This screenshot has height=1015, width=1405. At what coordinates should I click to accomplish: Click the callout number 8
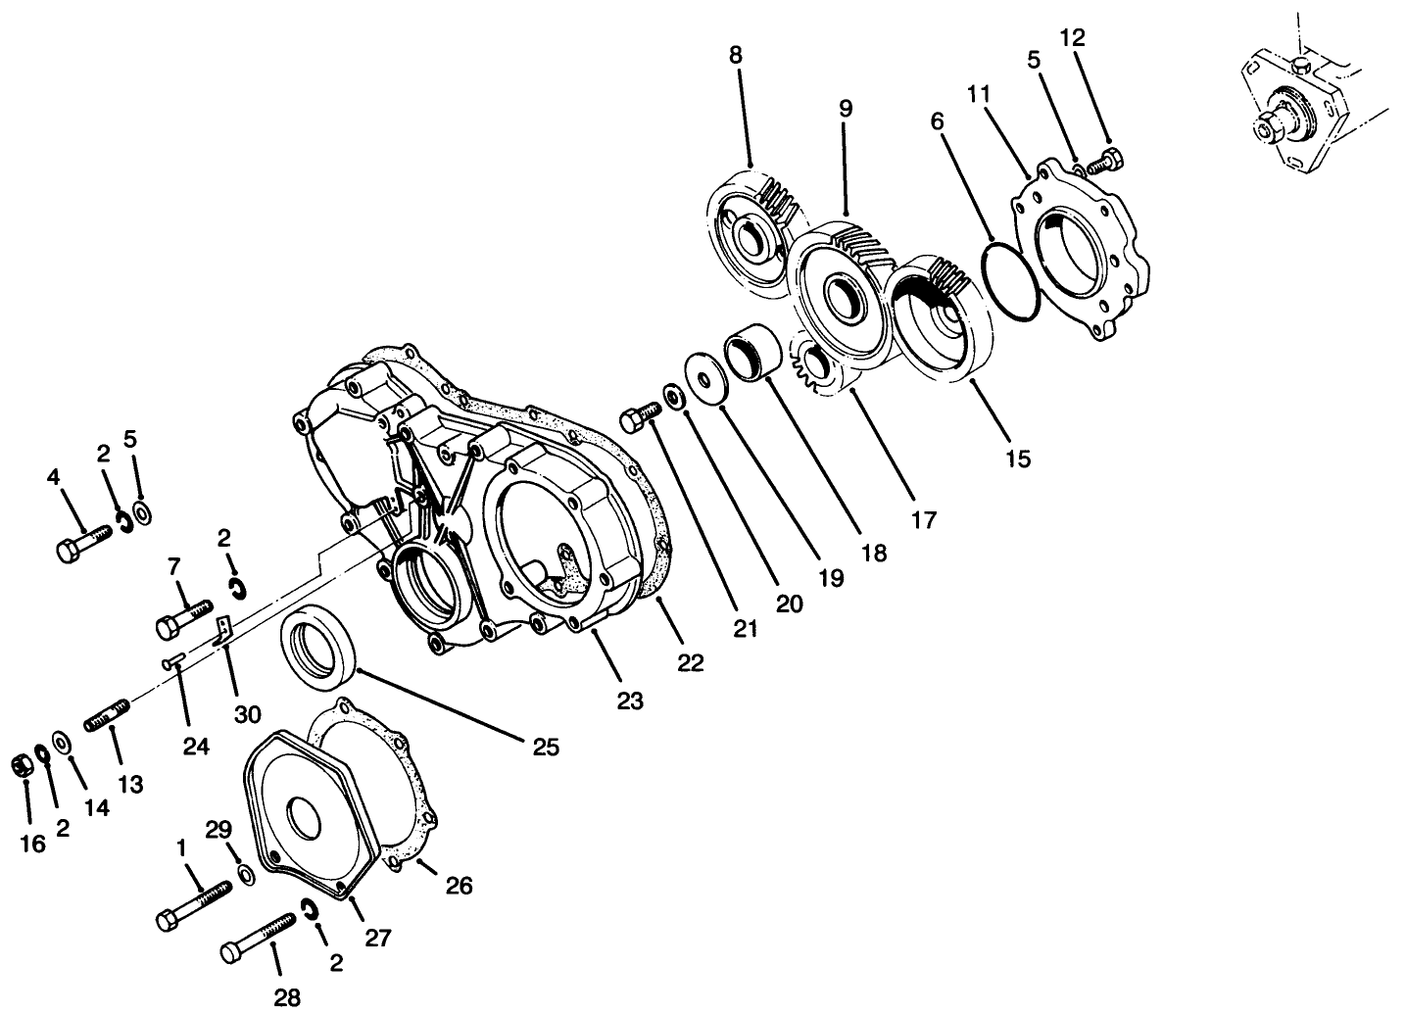tap(735, 55)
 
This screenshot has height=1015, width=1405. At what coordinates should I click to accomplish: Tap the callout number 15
tap(1018, 458)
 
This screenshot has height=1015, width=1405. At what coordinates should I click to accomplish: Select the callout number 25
tap(546, 748)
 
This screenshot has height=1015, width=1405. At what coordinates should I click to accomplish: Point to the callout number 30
tap(247, 713)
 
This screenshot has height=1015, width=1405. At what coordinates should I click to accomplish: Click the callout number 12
tap(1073, 38)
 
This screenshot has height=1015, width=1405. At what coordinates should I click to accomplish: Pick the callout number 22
tap(691, 663)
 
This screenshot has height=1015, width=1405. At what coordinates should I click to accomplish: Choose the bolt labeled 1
tap(193, 905)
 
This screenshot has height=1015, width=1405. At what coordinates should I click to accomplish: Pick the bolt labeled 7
tap(183, 620)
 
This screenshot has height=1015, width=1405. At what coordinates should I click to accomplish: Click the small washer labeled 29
tap(245, 873)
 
